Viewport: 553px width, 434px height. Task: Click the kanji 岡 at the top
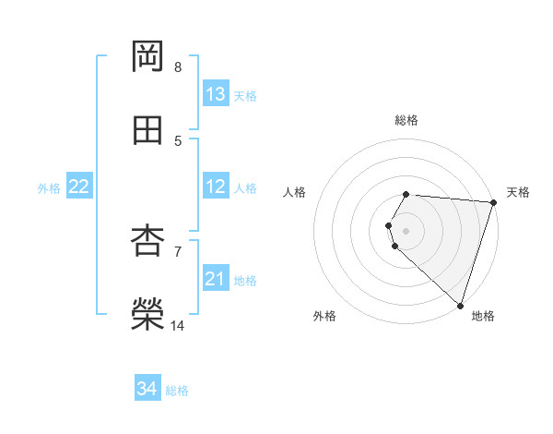[148, 56]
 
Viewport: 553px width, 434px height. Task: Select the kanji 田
[148, 130]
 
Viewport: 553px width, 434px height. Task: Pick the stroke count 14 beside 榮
[178, 326]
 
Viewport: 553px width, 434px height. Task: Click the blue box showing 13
[216, 94]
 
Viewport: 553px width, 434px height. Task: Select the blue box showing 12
[216, 187]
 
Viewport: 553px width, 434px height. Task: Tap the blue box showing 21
[216, 279]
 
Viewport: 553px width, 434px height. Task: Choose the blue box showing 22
[78, 187]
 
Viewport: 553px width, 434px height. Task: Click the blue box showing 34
[147, 390]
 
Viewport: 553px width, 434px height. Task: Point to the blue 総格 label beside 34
[177, 391]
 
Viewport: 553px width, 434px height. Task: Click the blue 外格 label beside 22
[49, 188]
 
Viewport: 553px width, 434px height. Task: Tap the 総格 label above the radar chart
[406, 120]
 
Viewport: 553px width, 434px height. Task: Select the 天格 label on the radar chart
[518, 192]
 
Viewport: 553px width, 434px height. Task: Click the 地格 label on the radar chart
[483, 316]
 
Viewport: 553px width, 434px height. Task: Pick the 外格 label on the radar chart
[324, 316]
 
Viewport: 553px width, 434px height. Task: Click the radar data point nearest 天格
[493, 202]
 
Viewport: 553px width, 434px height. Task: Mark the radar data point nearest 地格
[460, 305]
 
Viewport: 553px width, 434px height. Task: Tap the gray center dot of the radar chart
[406, 230]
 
